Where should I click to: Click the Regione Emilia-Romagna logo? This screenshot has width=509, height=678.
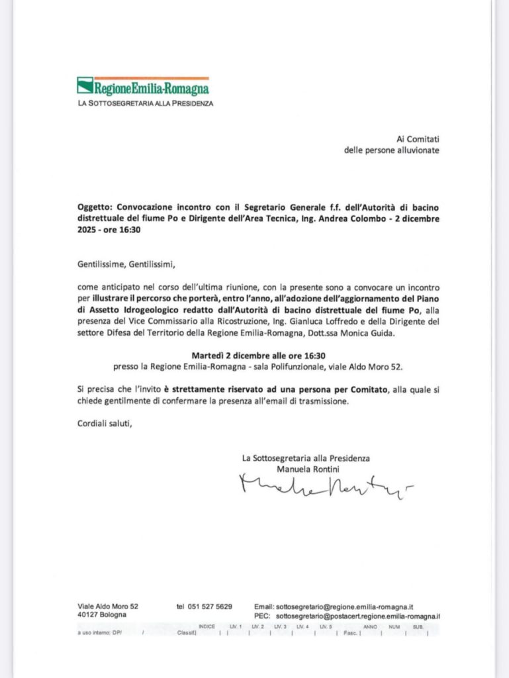[x=144, y=87]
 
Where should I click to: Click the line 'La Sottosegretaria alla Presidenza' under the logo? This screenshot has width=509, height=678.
[x=146, y=103]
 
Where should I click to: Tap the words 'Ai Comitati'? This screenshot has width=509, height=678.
[x=418, y=138]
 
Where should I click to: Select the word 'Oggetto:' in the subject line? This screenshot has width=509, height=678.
[x=95, y=207]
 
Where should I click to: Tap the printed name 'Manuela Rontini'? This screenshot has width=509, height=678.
[x=306, y=469]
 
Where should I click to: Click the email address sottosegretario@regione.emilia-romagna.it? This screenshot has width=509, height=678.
[x=344, y=606]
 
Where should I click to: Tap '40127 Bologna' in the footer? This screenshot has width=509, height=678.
[x=102, y=615]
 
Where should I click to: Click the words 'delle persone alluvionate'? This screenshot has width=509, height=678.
[x=391, y=150]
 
